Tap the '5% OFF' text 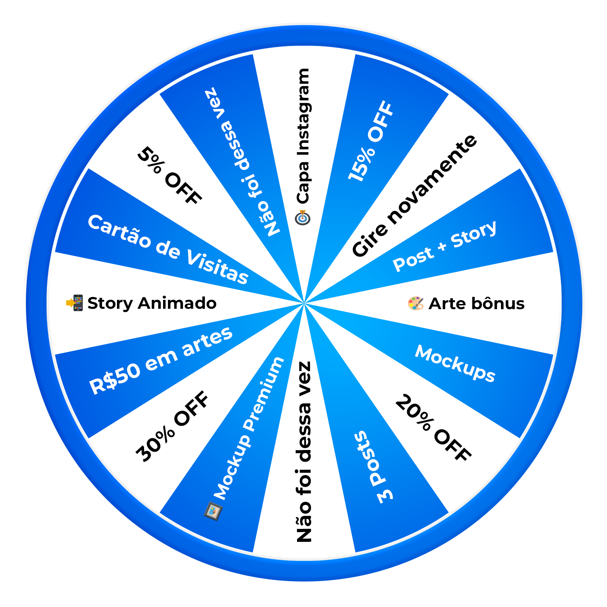pos(169,176)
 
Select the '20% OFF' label pos(433,428)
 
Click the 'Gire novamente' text pos(414,196)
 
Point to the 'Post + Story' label pos(444,246)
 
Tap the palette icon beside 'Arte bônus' pos(416,303)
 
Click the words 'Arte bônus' pos(476,303)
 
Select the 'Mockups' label pos(455,363)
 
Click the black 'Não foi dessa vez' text pos(304,451)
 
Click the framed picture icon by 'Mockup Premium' pos(213,511)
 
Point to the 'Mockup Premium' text pos(249,429)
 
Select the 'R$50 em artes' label pos(161,360)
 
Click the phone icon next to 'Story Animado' pos(75,303)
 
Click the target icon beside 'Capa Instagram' pos(303,217)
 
